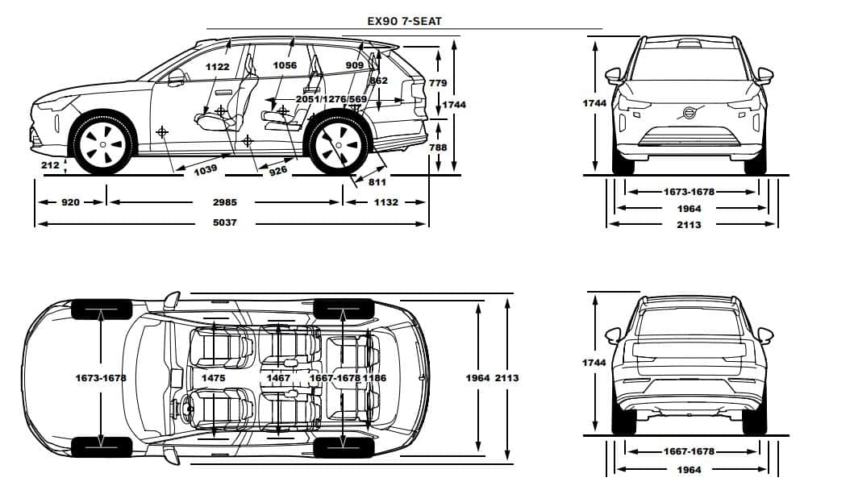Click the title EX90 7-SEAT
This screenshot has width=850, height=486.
click(x=404, y=22)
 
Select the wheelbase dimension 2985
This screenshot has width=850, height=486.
click(x=224, y=202)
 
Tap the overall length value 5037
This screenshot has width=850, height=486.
click(x=224, y=222)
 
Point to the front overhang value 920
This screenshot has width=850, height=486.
click(x=70, y=202)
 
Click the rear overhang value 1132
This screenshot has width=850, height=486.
click(x=386, y=202)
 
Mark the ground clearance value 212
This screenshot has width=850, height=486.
click(x=50, y=164)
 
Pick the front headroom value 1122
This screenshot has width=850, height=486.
click(x=218, y=67)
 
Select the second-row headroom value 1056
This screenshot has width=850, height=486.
click(x=285, y=65)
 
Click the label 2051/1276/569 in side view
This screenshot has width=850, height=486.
click(x=331, y=99)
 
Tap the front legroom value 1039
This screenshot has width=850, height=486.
click(x=206, y=169)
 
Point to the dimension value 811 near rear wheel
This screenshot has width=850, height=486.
click(x=377, y=182)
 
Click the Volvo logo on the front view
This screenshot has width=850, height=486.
click(x=689, y=113)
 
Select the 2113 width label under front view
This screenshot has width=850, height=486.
click(x=689, y=225)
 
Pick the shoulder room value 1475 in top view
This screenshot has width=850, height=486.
click(x=213, y=378)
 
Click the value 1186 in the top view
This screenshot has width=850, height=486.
click(x=374, y=378)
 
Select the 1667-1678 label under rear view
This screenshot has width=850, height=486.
click(x=689, y=451)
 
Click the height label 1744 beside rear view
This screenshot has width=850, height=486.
click(x=594, y=363)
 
